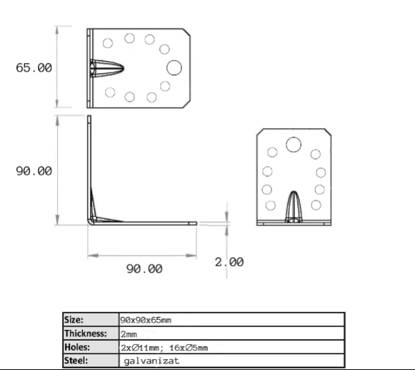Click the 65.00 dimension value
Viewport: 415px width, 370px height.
(x=34, y=68)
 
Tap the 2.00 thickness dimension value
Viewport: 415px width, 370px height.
(x=229, y=262)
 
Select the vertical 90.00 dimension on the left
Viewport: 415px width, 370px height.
(x=34, y=171)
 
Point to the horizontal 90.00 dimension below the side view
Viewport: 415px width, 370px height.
(x=144, y=268)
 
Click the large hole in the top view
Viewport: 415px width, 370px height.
(x=174, y=67)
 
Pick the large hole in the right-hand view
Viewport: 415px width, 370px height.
(x=294, y=145)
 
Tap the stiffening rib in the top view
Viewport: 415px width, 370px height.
(x=106, y=69)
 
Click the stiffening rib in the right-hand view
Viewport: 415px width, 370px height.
(x=294, y=207)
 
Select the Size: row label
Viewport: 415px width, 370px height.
(x=74, y=320)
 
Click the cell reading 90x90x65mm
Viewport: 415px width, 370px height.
(x=146, y=320)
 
